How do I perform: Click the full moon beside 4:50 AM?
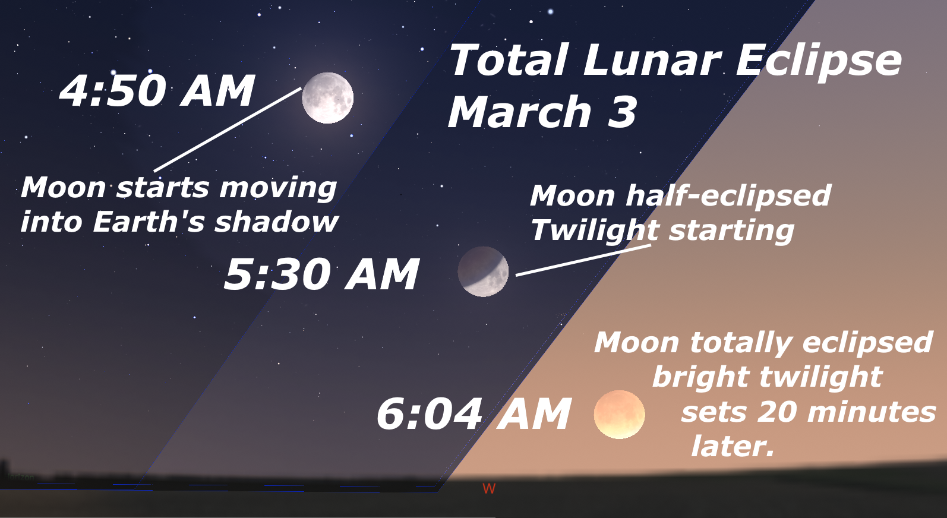[327, 97]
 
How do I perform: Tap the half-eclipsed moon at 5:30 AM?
[483, 271]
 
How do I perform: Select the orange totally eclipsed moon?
[620, 414]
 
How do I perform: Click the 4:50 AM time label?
[157, 91]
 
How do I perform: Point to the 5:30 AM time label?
[322, 274]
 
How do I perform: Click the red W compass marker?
[489, 488]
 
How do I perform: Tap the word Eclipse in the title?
[819, 62]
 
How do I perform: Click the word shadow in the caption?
[276, 221]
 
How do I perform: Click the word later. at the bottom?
[733, 446]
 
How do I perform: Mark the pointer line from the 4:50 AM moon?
[228, 130]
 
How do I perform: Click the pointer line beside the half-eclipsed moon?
[583, 260]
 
